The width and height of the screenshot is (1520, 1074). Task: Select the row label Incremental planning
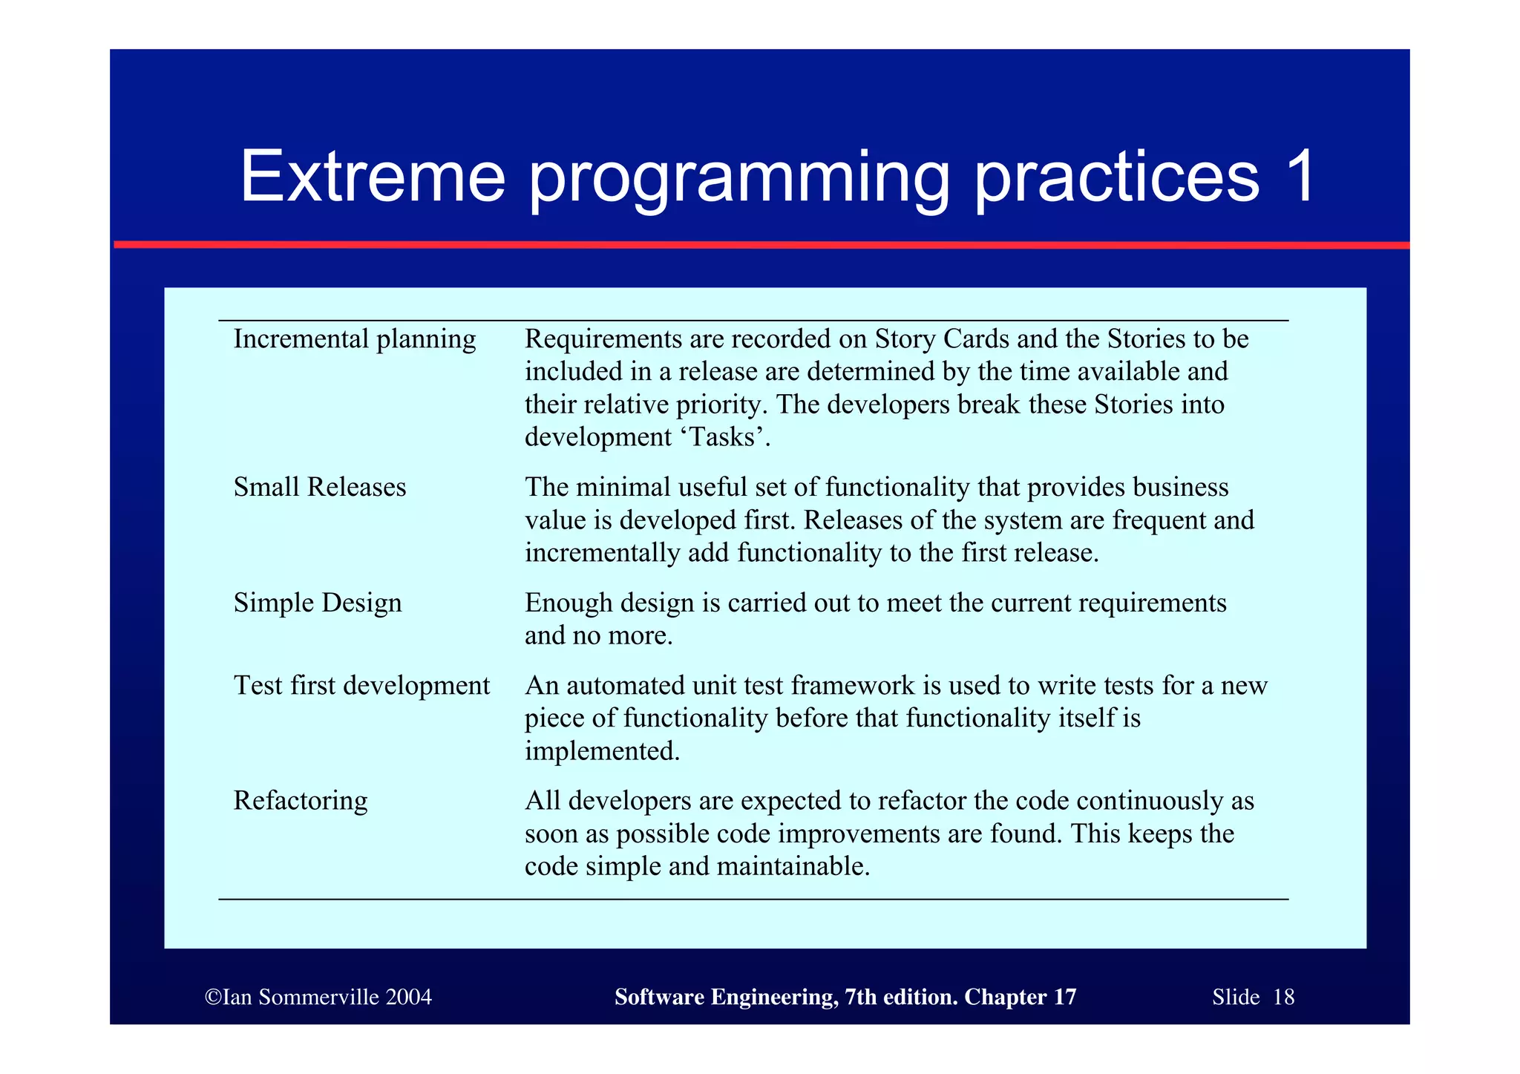point(354,339)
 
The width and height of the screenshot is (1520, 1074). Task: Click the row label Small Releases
point(319,488)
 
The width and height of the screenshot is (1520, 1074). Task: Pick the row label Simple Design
point(317,603)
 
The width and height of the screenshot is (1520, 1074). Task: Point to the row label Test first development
point(361,685)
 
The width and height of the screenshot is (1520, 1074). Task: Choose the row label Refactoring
point(300,801)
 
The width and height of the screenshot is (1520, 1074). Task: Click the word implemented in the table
point(601,751)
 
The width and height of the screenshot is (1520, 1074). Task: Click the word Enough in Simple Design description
point(568,603)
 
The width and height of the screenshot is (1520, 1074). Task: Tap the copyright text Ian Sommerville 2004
point(318,997)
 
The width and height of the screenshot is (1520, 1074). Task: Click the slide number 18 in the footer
point(1283,997)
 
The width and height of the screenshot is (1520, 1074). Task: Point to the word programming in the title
point(738,178)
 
